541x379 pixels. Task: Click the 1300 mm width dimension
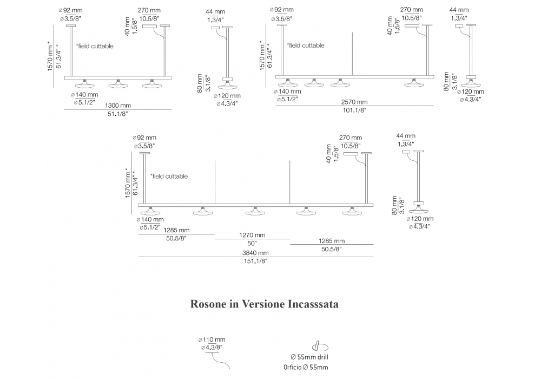(118, 105)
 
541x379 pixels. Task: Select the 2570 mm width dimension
(354, 102)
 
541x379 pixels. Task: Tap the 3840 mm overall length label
(256, 252)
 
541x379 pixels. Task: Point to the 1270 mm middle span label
(253, 236)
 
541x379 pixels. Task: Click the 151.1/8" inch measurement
(256, 260)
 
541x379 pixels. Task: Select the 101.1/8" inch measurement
(354, 110)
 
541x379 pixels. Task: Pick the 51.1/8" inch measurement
(118, 113)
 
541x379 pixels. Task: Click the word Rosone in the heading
(208, 304)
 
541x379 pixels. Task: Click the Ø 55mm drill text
(309, 357)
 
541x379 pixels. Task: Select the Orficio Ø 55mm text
(306, 368)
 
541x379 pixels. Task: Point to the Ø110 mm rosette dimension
(212, 339)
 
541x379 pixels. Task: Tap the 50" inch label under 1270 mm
(253, 244)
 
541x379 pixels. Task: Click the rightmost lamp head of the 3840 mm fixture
(351, 211)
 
